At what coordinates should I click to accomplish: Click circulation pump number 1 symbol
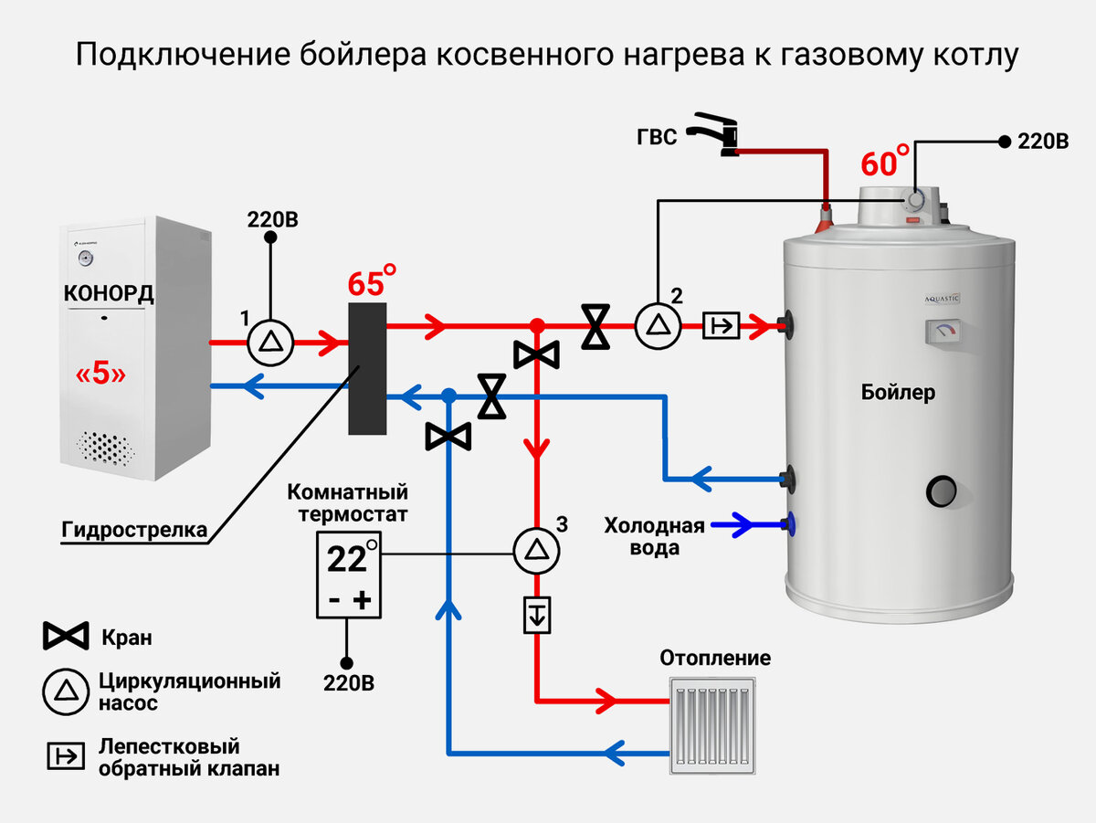(270, 343)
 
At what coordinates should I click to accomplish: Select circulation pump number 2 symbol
(659, 326)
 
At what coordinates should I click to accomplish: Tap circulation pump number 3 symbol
(537, 551)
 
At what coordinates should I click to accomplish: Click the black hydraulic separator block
(367, 368)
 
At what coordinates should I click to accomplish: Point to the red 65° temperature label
(372, 280)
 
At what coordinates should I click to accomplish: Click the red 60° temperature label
(885, 160)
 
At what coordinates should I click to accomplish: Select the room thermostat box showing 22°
(349, 575)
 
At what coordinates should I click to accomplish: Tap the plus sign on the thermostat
(362, 600)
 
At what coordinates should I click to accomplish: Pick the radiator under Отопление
(712, 725)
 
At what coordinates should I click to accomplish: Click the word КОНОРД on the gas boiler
(109, 293)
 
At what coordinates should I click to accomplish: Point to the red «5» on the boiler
(100, 373)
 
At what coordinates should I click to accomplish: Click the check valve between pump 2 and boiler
(721, 326)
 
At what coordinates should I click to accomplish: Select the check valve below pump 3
(537, 615)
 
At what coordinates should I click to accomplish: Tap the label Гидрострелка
(134, 530)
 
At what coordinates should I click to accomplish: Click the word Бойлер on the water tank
(898, 393)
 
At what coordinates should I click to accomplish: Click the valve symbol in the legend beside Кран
(66, 636)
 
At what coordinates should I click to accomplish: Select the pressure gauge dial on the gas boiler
(86, 258)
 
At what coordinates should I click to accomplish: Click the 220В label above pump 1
(272, 220)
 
